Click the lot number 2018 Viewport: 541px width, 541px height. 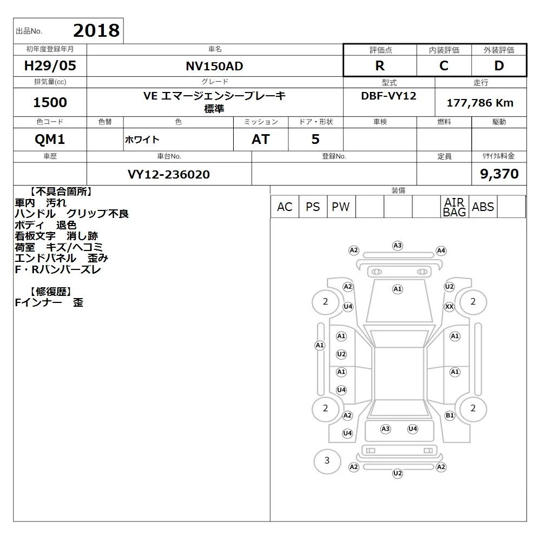pos(96,30)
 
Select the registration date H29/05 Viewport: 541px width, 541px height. pos(50,65)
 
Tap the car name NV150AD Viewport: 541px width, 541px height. pos(214,66)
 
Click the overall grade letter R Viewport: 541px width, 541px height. pos(380,65)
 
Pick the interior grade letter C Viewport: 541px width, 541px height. pos(444,65)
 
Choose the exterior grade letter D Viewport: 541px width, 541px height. pos(499,65)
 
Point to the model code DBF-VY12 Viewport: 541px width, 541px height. pos(388,96)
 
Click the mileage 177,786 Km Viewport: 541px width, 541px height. pos(480,103)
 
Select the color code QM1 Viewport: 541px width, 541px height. pos(50,140)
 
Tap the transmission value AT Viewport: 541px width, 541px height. pos(261,140)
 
